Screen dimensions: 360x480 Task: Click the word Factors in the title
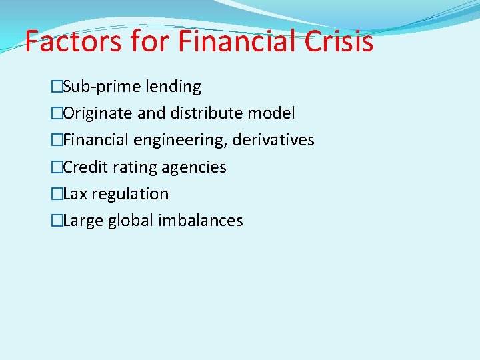click(73, 41)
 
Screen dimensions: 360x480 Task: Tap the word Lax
click(75, 194)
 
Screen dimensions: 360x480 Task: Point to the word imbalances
click(201, 221)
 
